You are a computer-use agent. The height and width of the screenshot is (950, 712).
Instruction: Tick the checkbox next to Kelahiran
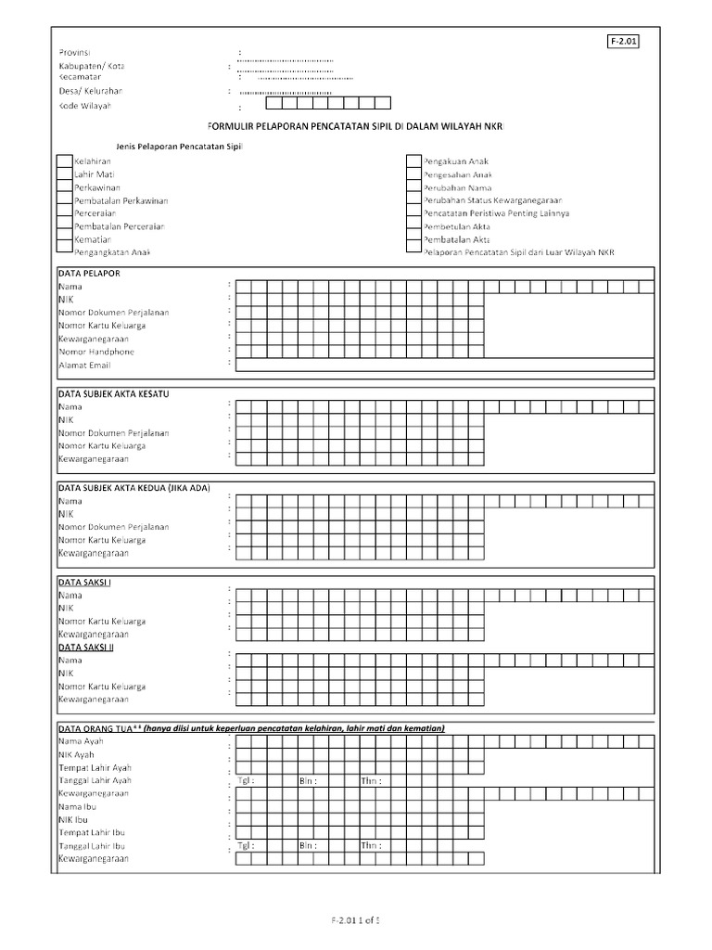[x=64, y=161]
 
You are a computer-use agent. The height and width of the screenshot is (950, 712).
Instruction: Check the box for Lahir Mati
[x=64, y=174]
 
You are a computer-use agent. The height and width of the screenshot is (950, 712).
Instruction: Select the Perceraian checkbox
[x=64, y=213]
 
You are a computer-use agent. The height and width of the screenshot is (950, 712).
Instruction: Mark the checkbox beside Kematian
[x=64, y=239]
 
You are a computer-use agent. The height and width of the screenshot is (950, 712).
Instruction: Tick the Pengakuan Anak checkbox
[x=413, y=161]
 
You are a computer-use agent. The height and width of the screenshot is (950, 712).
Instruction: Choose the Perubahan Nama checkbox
[x=413, y=187]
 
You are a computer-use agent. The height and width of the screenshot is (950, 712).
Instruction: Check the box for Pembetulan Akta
[x=413, y=226]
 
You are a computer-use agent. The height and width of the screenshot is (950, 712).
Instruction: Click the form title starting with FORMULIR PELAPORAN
[x=356, y=125]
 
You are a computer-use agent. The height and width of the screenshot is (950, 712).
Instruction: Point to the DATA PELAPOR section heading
[x=89, y=274]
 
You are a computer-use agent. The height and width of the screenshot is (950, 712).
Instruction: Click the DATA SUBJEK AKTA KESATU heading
[x=113, y=393]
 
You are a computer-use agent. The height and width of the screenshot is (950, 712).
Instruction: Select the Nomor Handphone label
[x=95, y=353]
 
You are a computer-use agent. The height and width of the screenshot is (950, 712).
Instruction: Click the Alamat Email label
[x=84, y=366]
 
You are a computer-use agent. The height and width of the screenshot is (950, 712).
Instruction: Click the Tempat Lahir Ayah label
[x=95, y=768]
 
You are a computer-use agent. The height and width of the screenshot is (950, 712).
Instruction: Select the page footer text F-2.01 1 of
[x=356, y=920]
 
